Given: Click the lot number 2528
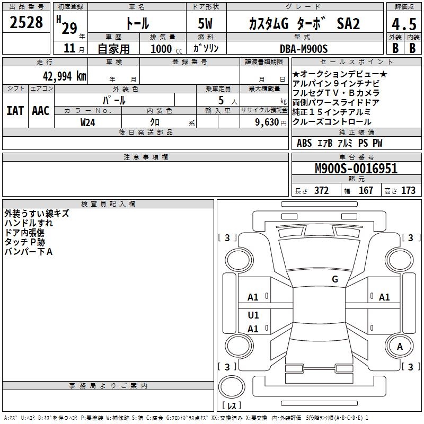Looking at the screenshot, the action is click(26, 22).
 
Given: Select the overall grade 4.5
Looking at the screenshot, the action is click(404, 24).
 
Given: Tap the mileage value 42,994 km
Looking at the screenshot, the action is click(64, 76).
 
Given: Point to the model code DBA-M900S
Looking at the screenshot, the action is click(304, 49).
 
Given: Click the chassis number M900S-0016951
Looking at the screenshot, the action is click(356, 169).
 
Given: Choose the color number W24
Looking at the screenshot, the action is click(88, 122).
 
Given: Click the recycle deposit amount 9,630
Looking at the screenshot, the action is click(267, 122).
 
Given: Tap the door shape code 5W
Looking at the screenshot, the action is click(205, 23).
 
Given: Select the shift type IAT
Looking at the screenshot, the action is click(15, 111).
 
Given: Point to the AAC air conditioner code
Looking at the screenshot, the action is click(41, 111).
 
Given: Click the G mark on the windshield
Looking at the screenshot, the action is click(335, 279).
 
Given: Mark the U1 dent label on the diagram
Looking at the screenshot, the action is click(253, 315).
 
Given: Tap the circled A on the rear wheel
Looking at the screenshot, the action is click(400, 347).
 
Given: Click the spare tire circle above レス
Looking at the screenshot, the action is click(232, 387).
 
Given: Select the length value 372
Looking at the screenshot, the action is click(322, 191).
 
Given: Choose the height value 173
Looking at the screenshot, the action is click(408, 191).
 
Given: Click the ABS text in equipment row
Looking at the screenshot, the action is click(304, 143).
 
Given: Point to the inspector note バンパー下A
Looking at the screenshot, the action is click(29, 252).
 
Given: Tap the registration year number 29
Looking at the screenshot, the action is click(69, 28).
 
